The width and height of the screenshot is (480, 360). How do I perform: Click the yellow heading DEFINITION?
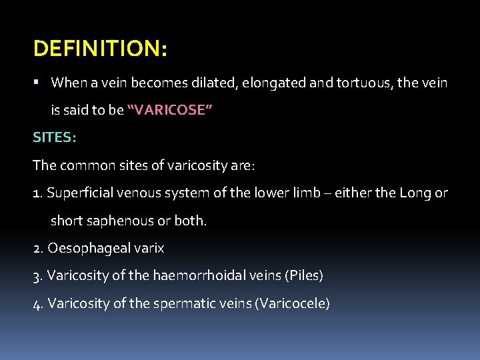[x=100, y=49]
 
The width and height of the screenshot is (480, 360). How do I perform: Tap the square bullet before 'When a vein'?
[x=37, y=83]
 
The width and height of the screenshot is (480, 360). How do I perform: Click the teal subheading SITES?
[x=55, y=137]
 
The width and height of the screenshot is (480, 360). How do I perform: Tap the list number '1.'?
[x=39, y=193]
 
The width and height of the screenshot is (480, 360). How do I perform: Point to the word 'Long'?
[x=415, y=193]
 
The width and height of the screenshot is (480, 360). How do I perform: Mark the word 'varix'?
[x=149, y=249]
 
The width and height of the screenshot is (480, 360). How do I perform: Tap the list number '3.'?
[x=39, y=276]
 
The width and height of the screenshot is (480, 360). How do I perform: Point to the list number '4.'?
[x=39, y=303]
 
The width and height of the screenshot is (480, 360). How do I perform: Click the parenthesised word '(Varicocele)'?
[x=289, y=303]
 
